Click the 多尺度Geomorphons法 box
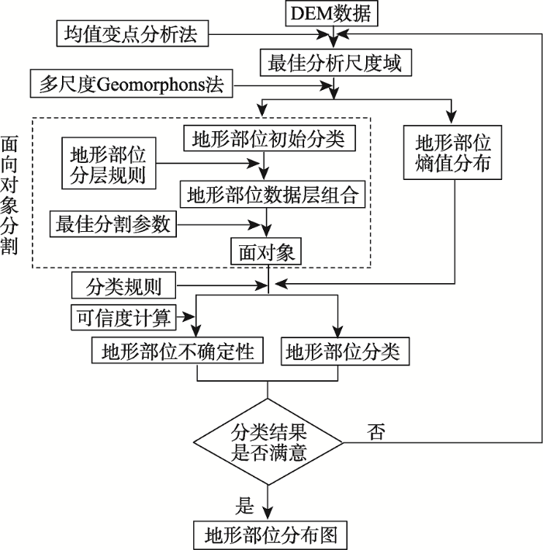131,84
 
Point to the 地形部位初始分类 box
268,139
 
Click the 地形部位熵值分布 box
454,154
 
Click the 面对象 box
265,252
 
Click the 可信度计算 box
124,316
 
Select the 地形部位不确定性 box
184,352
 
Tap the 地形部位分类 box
343,352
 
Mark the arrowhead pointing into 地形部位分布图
268,513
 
